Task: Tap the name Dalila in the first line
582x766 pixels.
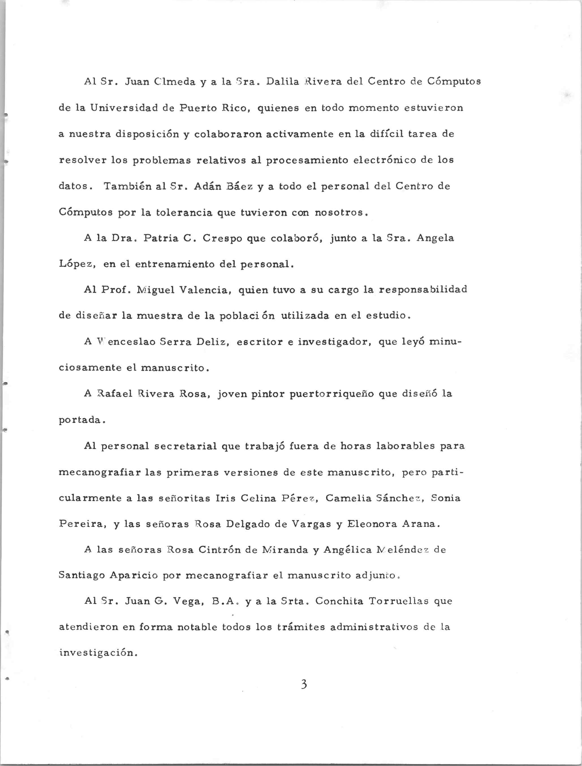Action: point(282,82)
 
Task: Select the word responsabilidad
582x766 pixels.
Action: point(423,289)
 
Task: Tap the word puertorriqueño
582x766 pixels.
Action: point(331,395)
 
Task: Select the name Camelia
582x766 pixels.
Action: point(348,498)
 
